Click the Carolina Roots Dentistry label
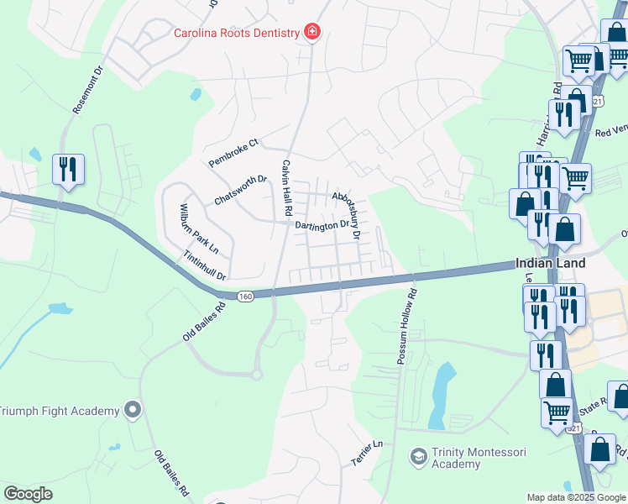pyautogui.click(x=236, y=34)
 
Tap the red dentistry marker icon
pyautogui.click(x=312, y=33)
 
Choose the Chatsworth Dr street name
pyautogui.click(x=240, y=190)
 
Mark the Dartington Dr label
pyautogui.click(x=322, y=225)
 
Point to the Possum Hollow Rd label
pyautogui.click(x=407, y=327)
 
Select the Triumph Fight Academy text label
pyautogui.click(x=59, y=411)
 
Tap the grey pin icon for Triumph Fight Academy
pyautogui.click(x=133, y=410)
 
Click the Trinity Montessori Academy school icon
pyautogui.click(x=417, y=456)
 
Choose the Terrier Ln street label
pyautogui.click(x=366, y=454)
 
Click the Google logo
pyautogui.click(x=28, y=493)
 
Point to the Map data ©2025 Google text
pyautogui.click(x=575, y=497)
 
